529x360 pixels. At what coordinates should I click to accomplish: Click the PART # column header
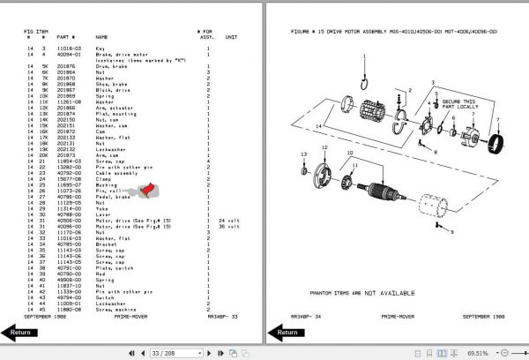(x=66, y=37)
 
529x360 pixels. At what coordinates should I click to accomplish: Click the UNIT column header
(x=231, y=37)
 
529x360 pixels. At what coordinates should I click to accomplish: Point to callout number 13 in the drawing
(x=302, y=154)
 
